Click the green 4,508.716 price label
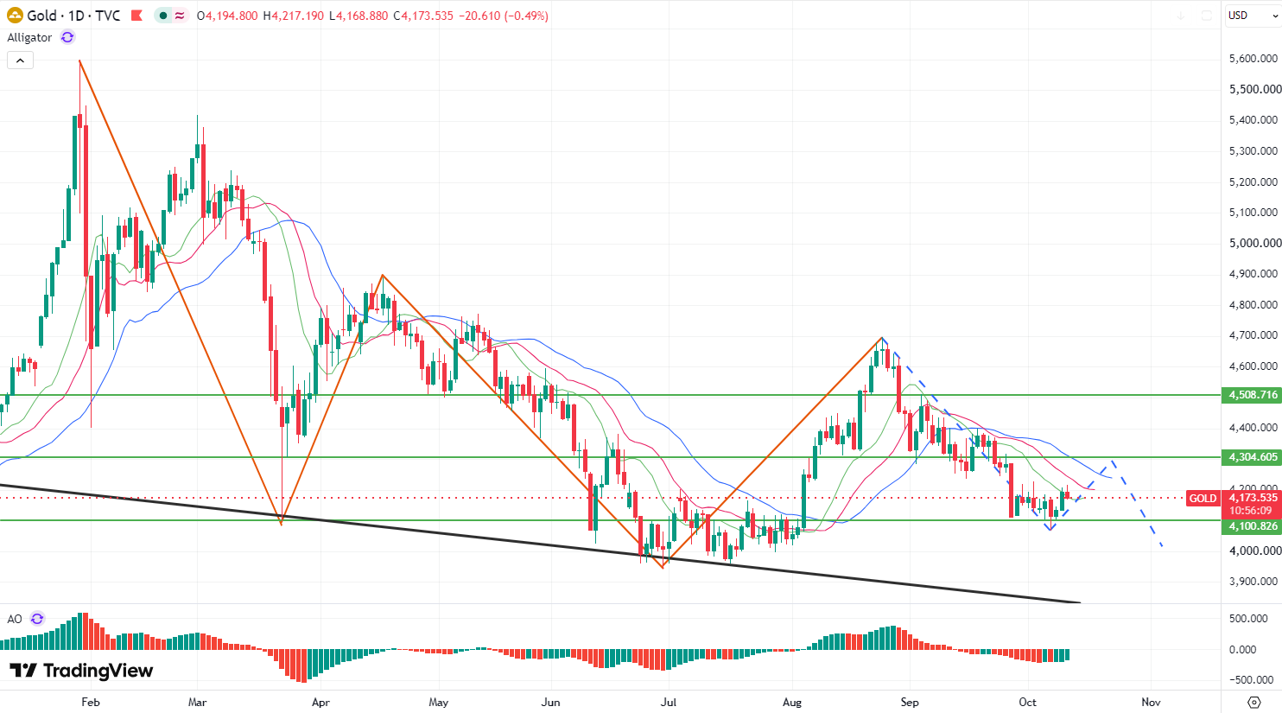click(x=1252, y=395)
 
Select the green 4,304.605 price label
click(x=1252, y=457)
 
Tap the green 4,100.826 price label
click(x=1252, y=526)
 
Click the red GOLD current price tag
click(x=1203, y=499)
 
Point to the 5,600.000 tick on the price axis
click(x=1253, y=59)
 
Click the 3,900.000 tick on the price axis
click(x=1253, y=582)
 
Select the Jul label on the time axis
click(x=669, y=702)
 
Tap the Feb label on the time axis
click(x=91, y=702)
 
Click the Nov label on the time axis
click(x=1151, y=702)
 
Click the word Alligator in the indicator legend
click(x=29, y=38)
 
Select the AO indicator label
click(x=15, y=619)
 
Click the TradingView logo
click(x=81, y=671)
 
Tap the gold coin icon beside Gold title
click(x=15, y=16)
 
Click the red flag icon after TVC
click(x=136, y=16)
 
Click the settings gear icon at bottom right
click(x=1254, y=702)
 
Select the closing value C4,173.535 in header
click(x=423, y=16)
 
